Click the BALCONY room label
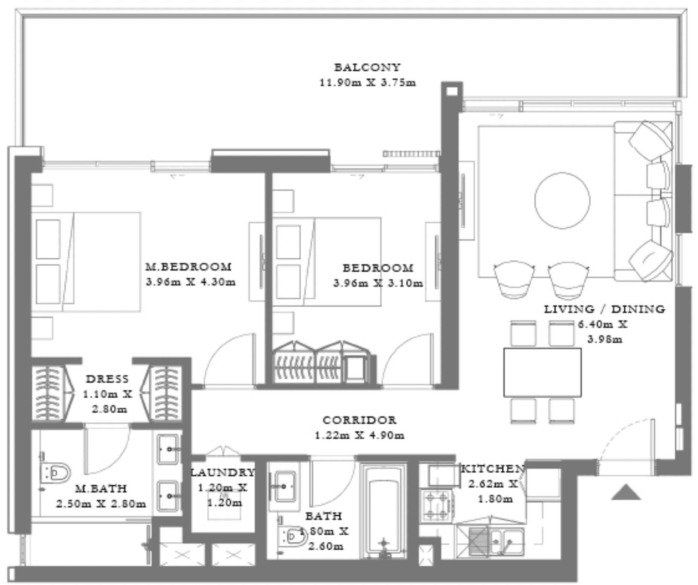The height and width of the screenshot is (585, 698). pos(367,67)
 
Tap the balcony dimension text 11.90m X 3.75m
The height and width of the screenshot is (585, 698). pos(367,82)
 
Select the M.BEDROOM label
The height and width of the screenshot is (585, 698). pos(189,267)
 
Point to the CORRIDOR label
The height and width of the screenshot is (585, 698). pos(359,420)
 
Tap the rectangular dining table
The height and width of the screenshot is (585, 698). pos(542,372)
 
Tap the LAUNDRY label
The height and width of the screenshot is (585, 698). pos(223,472)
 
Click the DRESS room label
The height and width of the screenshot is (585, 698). pos(107,379)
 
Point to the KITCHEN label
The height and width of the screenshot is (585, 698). pos(493,469)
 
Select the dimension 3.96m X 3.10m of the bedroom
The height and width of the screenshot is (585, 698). pos(378,283)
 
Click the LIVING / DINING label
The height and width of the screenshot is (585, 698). pos(604,309)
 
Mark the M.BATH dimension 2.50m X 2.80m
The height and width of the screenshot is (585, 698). pos(101,504)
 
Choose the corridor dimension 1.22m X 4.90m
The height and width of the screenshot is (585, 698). pos(359,435)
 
